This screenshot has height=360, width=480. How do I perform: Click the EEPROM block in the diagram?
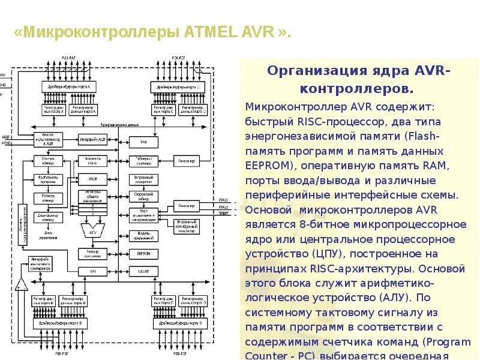pos(143,254)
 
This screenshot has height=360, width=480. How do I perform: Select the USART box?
pos(143,272)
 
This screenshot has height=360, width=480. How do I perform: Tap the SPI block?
pos(93,272)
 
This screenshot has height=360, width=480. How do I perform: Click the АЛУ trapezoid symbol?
pos(92,229)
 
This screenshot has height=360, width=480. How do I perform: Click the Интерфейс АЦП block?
pos(93,139)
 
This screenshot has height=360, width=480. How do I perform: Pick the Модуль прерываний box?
pos(143,235)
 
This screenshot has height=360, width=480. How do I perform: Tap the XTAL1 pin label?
pos(223,199)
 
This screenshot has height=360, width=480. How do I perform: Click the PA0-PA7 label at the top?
pos(69,58)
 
